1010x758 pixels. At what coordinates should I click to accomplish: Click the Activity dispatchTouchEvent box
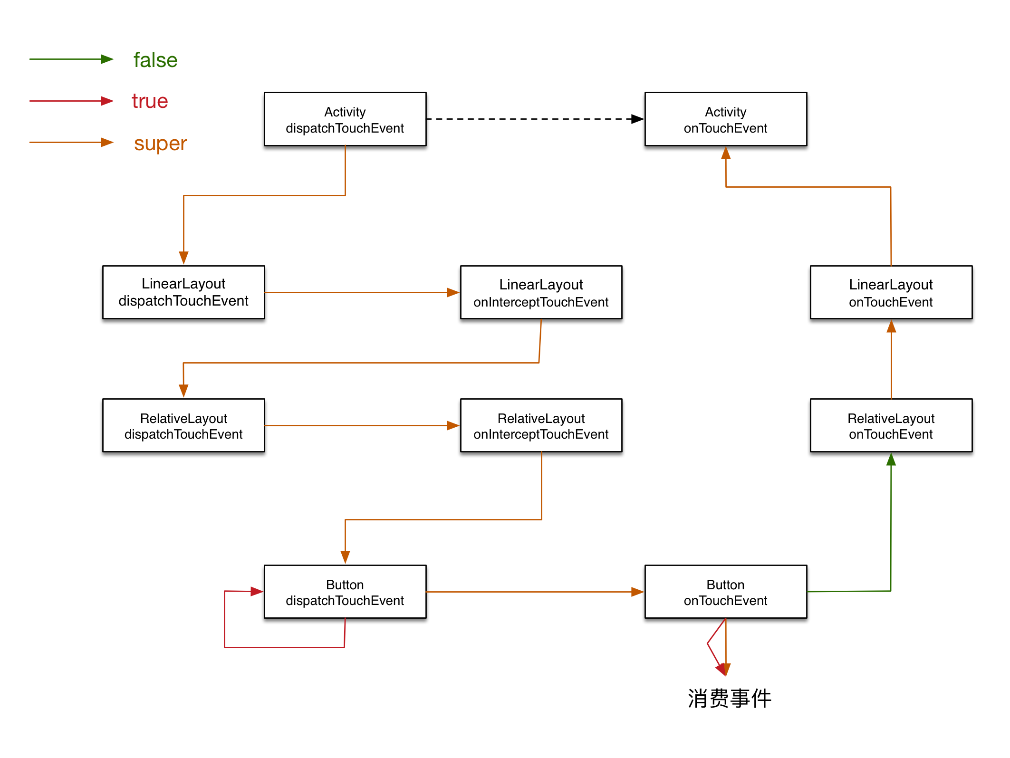pos(345,119)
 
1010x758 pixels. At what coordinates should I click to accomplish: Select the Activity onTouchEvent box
pos(726,119)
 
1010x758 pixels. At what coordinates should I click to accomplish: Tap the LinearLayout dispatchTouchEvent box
pos(183,292)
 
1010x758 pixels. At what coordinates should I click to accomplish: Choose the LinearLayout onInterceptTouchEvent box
pos(541,292)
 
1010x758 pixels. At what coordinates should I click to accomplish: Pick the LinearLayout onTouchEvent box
pos(891,292)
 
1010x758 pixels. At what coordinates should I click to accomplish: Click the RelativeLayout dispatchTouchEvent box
pos(183,425)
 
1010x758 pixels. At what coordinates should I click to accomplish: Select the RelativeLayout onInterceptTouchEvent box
pos(541,425)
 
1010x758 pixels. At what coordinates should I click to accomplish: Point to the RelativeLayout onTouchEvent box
pos(891,425)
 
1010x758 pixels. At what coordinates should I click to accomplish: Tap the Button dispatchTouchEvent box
pos(345,592)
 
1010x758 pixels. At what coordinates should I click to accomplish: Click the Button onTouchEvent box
pos(726,592)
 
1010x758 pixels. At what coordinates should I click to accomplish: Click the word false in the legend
pos(155,60)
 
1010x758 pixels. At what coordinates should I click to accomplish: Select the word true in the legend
pos(150,101)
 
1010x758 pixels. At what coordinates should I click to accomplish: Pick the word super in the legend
pos(161,144)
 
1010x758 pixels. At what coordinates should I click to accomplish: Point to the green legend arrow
pos(71,59)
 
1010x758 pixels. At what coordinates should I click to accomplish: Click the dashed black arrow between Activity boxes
pos(535,119)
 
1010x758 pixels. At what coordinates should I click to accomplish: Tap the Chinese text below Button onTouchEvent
pos(730,699)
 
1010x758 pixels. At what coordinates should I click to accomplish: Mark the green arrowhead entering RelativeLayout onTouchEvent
pos(891,459)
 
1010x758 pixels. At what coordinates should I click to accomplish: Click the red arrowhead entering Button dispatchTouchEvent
pos(257,592)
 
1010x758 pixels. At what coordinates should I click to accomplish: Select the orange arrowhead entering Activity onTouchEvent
pos(726,153)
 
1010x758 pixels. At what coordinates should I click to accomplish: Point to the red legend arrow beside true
pos(71,101)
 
